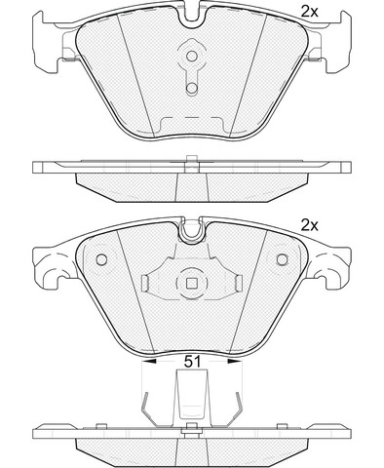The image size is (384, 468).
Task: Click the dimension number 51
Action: (192, 361)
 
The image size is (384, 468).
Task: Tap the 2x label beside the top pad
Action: (309, 12)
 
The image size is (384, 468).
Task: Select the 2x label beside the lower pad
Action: (309, 225)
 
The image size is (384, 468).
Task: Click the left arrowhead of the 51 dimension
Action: (149, 361)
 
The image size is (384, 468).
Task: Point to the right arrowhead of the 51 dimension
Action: (235, 361)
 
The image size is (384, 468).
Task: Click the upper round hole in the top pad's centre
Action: (192, 56)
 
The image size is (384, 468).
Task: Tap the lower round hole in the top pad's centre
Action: (192, 88)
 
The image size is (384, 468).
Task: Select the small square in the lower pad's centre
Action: (192, 284)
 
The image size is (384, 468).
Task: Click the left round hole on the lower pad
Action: (101, 259)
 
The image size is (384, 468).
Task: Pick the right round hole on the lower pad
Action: (282, 259)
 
